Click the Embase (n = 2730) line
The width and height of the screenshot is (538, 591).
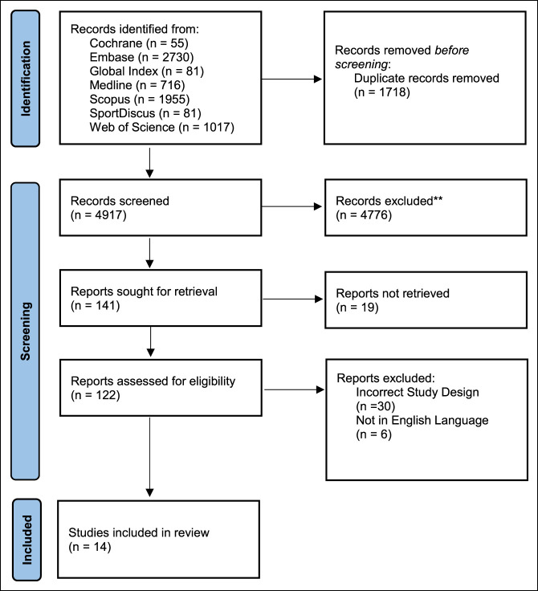pyautogui.click(x=141, y=57)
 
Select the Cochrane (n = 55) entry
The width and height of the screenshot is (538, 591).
pyautogui.click(x=139, y=43)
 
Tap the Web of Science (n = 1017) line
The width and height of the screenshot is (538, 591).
pyautogui.click(x=161, y=128)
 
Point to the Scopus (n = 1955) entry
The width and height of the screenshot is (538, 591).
pyautogui.click(x=140, y=99)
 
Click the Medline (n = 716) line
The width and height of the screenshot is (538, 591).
pyautogui.click(x=137, y=85)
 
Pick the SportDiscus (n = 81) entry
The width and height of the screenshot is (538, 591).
pyautogui.click(x=145, y=113)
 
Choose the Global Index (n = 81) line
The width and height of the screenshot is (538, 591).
pyautogui.click(x=147, y=71)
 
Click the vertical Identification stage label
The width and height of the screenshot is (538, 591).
pyautogui.click(x=26, y=79)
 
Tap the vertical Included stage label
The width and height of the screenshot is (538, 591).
pyautogui.click(x=26, y=540)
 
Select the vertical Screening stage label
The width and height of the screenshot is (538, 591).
pyautogui.click(x=26, y=332)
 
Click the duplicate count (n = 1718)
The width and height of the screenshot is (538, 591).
pyautogui.click(x=382, y=92)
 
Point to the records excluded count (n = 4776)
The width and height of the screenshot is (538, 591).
pyautogui.click(x=364, y=215)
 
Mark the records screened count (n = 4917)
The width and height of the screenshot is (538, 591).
pyautogui.click(x=99, y=215)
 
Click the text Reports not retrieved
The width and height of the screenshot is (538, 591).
pyautogui.click(x=393, y=293)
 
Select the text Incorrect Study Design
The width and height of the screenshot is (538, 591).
pyautogui.click(x=418, y=393)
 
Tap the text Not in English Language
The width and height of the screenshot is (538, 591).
pyautogui.click(x=422, y=420)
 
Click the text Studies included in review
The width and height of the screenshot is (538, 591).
pyautogui.click(x=139, y=532)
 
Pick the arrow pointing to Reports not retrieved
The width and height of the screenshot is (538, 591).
pyautogui.click(x=292, y=299)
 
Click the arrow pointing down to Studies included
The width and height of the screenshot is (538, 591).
pyautogui.click(x=149, y=457)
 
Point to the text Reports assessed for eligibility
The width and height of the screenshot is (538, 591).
pyautogui.click(x=153, y=381)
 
